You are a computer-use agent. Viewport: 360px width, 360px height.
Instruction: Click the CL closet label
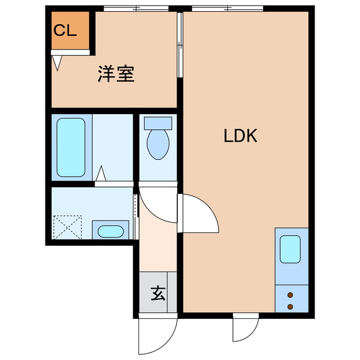tap(65, 31)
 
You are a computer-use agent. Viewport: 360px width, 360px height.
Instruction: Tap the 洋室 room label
tap(116, 75)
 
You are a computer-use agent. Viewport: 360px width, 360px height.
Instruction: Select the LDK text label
tap(240, 136)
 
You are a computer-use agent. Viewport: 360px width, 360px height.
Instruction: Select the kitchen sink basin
tap(291, 250)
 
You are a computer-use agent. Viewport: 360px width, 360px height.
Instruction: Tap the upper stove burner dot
tap(291, 295)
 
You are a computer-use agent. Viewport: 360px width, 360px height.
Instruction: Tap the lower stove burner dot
tap(291, 306)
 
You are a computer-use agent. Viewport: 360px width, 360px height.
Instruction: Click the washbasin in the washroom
tap(109, 231)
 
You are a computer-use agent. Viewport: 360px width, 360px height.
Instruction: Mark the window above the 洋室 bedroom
tap(136, 8)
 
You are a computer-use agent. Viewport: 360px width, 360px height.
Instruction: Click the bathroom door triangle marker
tap(101, 174)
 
